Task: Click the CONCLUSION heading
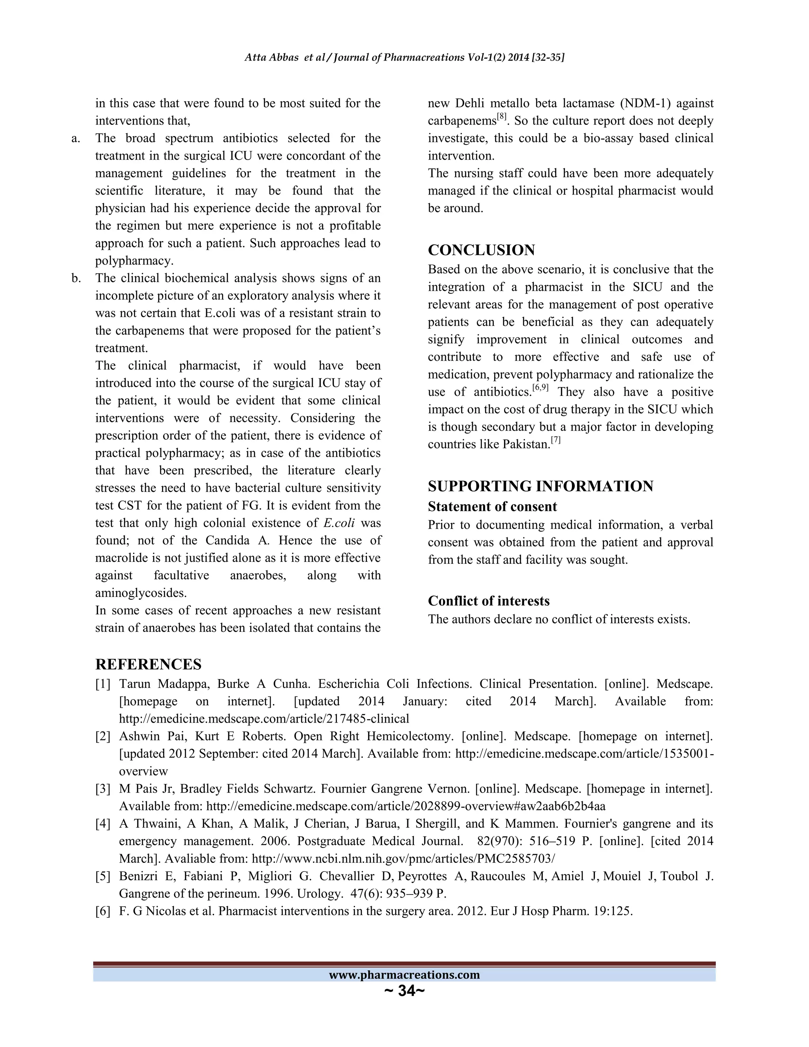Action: click(481, 250)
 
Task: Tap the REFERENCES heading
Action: click(148, 665)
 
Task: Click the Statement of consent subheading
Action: click(492, 507)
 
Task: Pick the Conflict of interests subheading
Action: click(488, 601)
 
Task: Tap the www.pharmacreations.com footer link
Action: click(404, 975)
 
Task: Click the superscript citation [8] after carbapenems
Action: click(501, 117)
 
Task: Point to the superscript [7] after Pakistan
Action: click(555, 440)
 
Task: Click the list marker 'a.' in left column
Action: click(76, 139)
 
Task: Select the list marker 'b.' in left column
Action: click(76, 279)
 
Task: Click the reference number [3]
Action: click(103, 789)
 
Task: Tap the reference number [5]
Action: click(103, 876)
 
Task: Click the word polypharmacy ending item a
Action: click(134, 261)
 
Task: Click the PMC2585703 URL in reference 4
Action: click(404, 859)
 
